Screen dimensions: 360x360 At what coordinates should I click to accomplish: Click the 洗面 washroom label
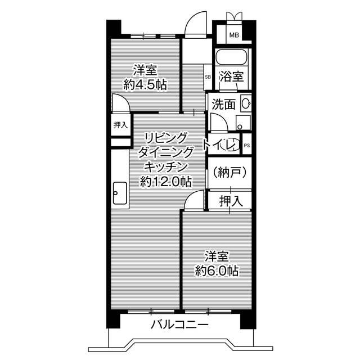(223, 104)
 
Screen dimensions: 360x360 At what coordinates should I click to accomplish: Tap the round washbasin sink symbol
(246, 103)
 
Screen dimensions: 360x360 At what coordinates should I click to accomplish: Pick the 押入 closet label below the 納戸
(231, 200)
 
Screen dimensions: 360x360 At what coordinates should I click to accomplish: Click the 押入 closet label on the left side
(120, 125)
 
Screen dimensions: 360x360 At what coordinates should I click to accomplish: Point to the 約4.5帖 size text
(145, 85)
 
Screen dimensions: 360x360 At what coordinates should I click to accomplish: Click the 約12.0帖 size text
(165, 182)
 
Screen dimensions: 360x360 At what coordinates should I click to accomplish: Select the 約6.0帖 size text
(217, 271)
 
